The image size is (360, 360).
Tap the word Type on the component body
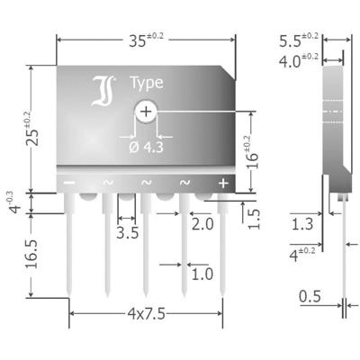click(146, 83)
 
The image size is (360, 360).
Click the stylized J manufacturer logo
click(100, 89)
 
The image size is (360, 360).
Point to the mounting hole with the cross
click(146, 112)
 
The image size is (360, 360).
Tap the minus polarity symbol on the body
click(68, 183)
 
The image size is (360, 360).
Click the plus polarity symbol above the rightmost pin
click(222, 183)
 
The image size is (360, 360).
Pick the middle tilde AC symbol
click(146, 183)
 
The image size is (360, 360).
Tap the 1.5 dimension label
click(255, 218)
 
